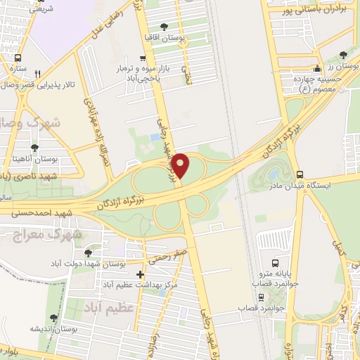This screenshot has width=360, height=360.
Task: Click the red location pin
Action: (x=181, y=165)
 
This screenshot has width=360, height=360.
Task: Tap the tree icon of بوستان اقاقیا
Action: (x=164, y=26)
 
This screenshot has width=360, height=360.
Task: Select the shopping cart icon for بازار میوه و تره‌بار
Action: (x=143, y=58)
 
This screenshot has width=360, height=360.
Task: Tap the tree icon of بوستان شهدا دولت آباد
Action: (x=88, y=253)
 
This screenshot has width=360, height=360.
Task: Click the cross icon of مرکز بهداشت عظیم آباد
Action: (x=141, y=274)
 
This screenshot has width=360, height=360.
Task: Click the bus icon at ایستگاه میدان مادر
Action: (x=300, y=174)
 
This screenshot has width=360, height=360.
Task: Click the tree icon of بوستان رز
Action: (x=342, y=54)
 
